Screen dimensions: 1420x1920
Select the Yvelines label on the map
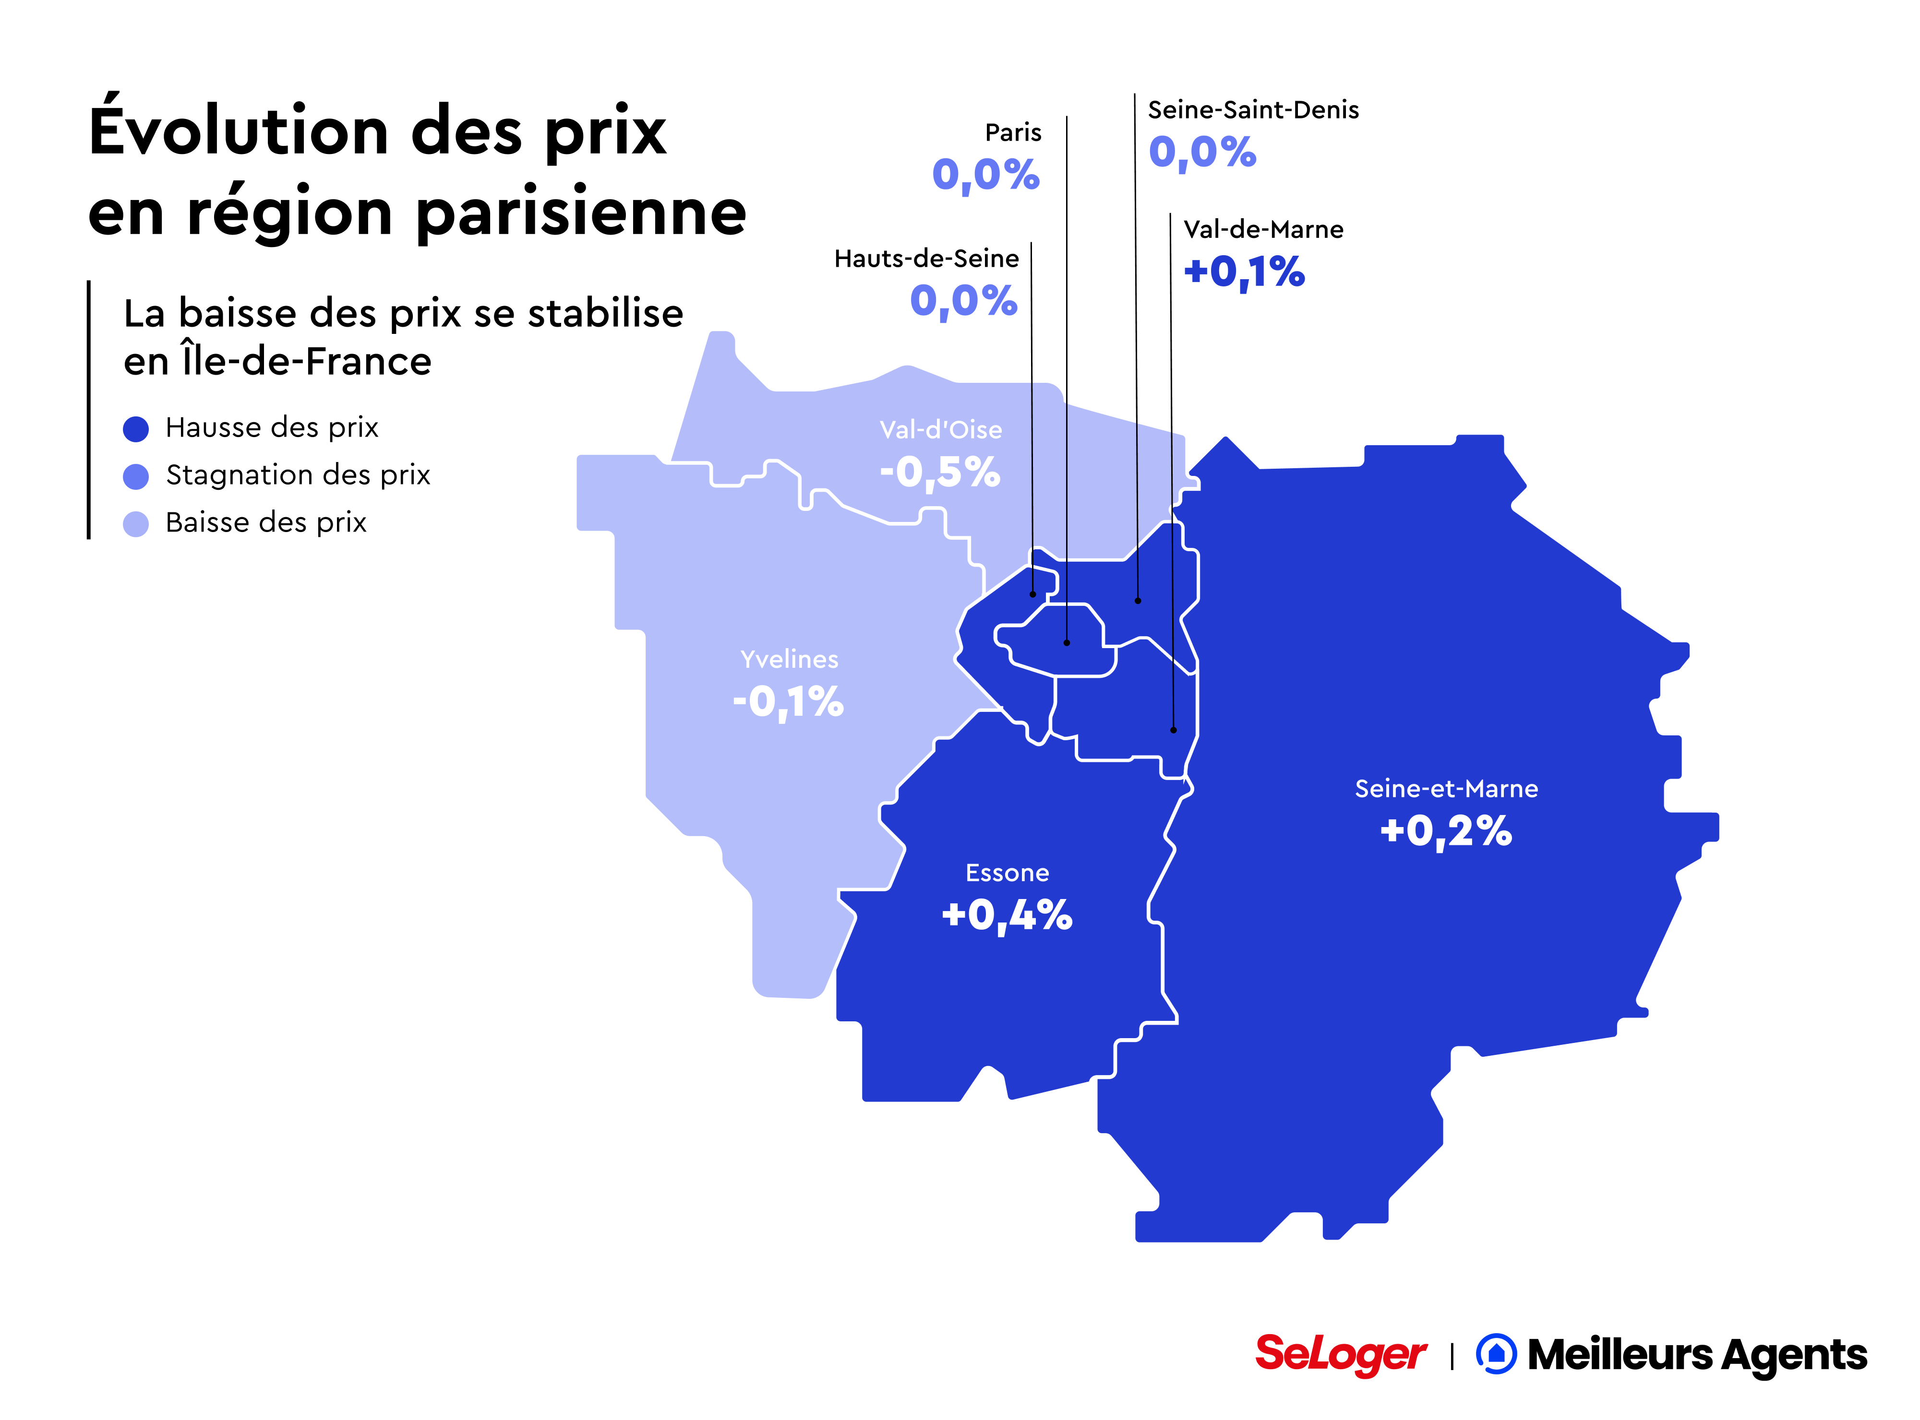click(x=789, y=659)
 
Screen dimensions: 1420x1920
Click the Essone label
click(x=1007, y=873)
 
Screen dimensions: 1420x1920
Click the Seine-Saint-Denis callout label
click(x=1253, y=110)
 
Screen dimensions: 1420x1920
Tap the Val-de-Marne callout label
click(x=1262, y=229)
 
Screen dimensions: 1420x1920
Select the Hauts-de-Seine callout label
click(x=926, y=259)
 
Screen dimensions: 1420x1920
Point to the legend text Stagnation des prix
click(x=298, y=474)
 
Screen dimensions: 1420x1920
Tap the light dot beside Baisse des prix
click(x=136, y=523)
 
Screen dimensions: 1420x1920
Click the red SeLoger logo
click(x=1340, y=1355)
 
